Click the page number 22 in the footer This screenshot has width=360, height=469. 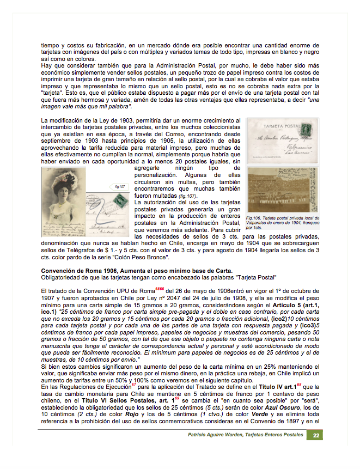click(x=315, y=435)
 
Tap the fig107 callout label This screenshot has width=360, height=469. click(x=119, y=187)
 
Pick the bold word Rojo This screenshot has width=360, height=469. click(x=133, y=415)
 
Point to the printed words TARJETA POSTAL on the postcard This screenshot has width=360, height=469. click(x=282, y=126)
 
